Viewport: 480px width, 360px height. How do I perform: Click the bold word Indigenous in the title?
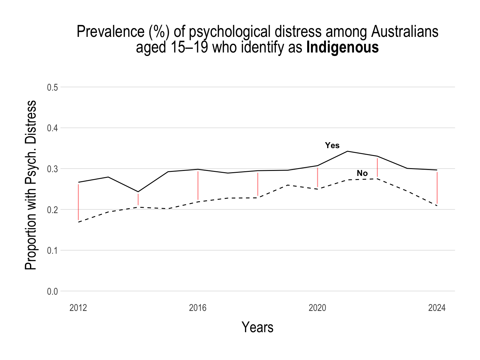342,48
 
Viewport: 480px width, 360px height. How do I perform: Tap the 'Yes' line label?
332,145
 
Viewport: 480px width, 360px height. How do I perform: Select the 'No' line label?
362,173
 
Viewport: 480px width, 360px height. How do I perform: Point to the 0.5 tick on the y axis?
52,87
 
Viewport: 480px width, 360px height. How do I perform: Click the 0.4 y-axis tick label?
52,128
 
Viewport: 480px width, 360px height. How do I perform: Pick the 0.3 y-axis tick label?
52,169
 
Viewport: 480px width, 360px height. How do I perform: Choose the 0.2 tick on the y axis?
52,210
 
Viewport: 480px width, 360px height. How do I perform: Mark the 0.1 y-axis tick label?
52,251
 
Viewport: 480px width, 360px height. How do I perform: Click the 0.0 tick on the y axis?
52,292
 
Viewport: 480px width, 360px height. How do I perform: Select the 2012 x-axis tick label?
78,308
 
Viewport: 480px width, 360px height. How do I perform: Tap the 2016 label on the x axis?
198,308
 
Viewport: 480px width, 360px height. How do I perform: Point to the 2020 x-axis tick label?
317,308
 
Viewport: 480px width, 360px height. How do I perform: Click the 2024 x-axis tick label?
437,308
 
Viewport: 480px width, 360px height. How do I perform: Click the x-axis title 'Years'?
257,327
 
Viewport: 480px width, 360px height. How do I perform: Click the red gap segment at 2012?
78,202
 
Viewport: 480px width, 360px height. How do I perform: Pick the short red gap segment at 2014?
138,199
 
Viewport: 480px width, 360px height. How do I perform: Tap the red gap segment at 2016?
198,185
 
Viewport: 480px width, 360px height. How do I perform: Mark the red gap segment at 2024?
437,188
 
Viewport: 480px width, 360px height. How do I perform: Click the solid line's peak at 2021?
347,151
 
